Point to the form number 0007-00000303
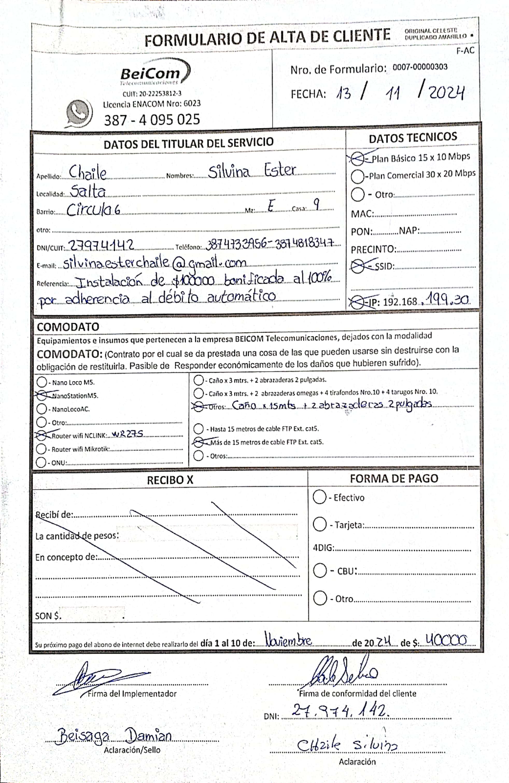(420, 67)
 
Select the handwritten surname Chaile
(87, 172)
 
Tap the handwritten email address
(154, 263)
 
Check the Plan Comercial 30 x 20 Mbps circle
(357, 176)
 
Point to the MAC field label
(362, 214)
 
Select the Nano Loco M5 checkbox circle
(42, 382)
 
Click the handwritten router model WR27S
(127, 434)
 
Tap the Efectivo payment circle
(319, 497)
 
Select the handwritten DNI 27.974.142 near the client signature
(341, 712)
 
